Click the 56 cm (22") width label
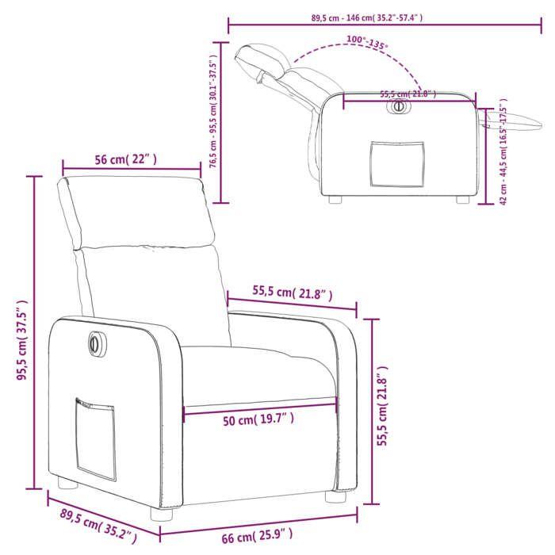[x=126, y=159]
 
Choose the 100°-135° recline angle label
[x=367, y=42]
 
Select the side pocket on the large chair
[x=94, y=437]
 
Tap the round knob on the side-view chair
[x=399, y=106]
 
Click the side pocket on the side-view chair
[x=396, y=165]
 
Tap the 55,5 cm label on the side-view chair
[x=408, y=94]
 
